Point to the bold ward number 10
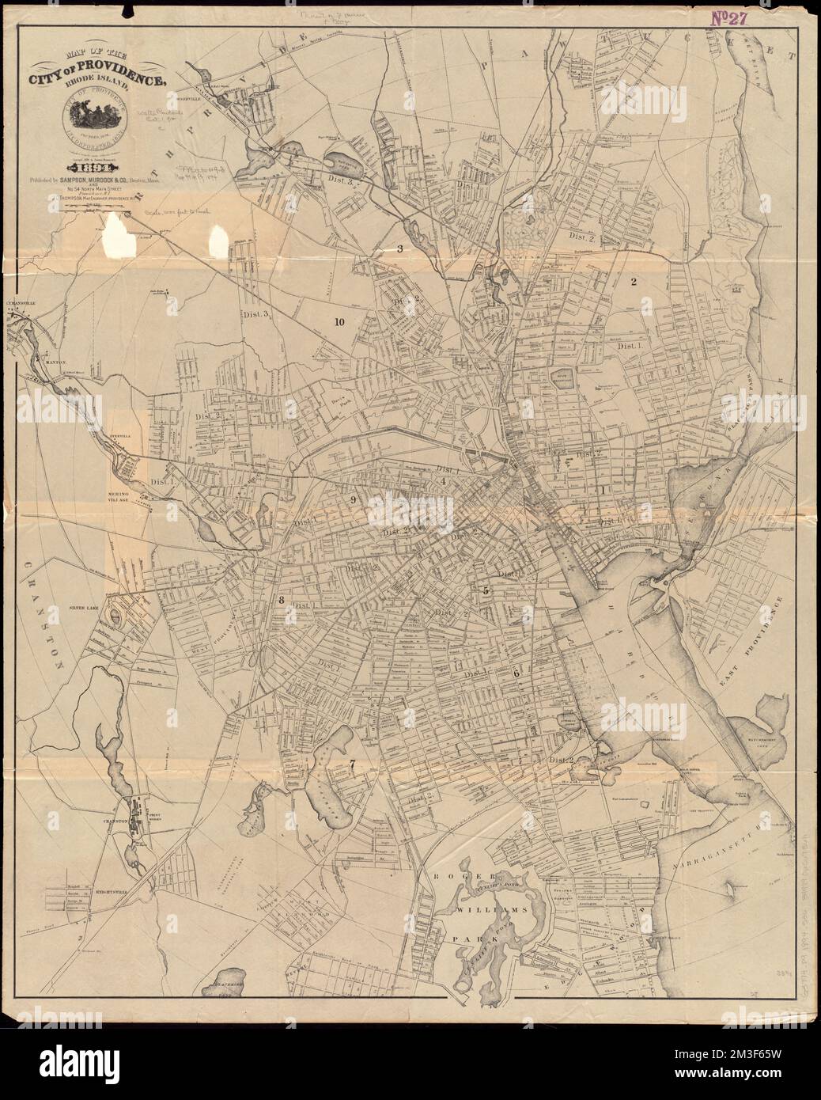click(x=339, y=322)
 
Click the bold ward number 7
click(x=353, y=764)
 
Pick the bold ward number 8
click(x=280, y=600)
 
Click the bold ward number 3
click(x=399, y=249)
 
